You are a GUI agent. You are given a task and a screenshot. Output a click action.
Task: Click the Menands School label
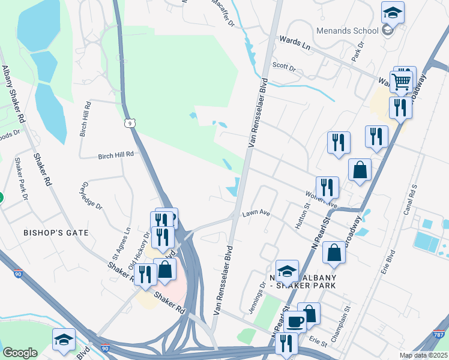348,31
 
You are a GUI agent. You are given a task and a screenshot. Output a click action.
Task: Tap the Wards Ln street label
294,42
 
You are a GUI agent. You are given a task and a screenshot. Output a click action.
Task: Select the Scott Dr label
284,67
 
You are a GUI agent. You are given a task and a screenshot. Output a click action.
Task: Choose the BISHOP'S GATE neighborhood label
56,232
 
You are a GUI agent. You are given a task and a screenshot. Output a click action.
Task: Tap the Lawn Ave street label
256,213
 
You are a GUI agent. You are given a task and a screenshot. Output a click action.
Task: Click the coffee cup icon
295,322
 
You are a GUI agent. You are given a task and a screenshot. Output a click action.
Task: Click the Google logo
20,353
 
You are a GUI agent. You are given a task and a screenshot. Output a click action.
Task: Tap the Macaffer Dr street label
223,13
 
